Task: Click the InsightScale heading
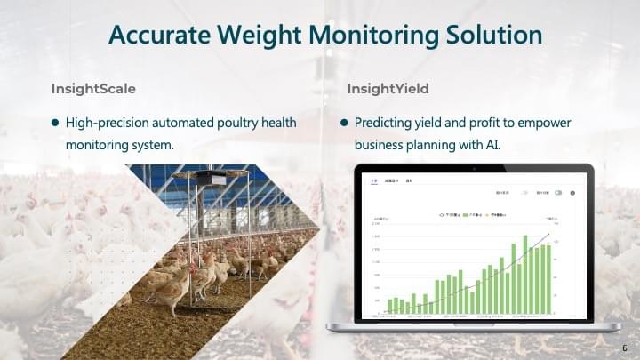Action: tap(93, 89)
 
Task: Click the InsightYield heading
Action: tap(388, 89)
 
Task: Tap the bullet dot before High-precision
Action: tap(55, 123)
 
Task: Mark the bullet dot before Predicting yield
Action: tap(344, 123)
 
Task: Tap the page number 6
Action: tap(625, 348)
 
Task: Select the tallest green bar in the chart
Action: tap(525, 274)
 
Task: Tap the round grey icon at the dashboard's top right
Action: tap(572, 192)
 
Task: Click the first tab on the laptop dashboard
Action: tap(374, 180)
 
